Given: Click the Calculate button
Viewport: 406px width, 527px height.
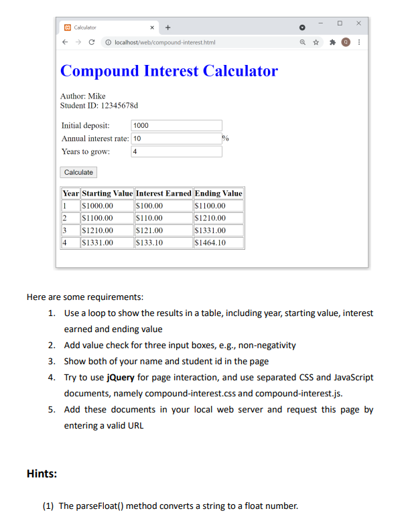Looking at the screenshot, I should click(x=78, y=173).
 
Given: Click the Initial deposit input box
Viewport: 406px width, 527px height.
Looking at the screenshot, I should click(x=176, y=126).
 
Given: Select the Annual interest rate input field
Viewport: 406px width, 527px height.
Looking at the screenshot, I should click(x=176, y=139).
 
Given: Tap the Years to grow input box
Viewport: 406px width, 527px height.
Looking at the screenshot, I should click(x=176, y=152).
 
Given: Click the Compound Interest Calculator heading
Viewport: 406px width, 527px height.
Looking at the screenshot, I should click(x=169, y=71).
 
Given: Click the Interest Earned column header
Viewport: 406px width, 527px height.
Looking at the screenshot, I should click(x=163, y=194).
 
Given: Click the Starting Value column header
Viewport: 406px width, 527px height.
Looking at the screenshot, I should click(x=107, y=194).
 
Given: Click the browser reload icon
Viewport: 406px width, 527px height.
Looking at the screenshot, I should click(x=94, y=42).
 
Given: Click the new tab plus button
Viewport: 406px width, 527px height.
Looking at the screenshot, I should click(x=167, y=27).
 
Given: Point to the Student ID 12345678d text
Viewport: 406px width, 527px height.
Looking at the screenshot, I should click(x=99, y=106).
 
